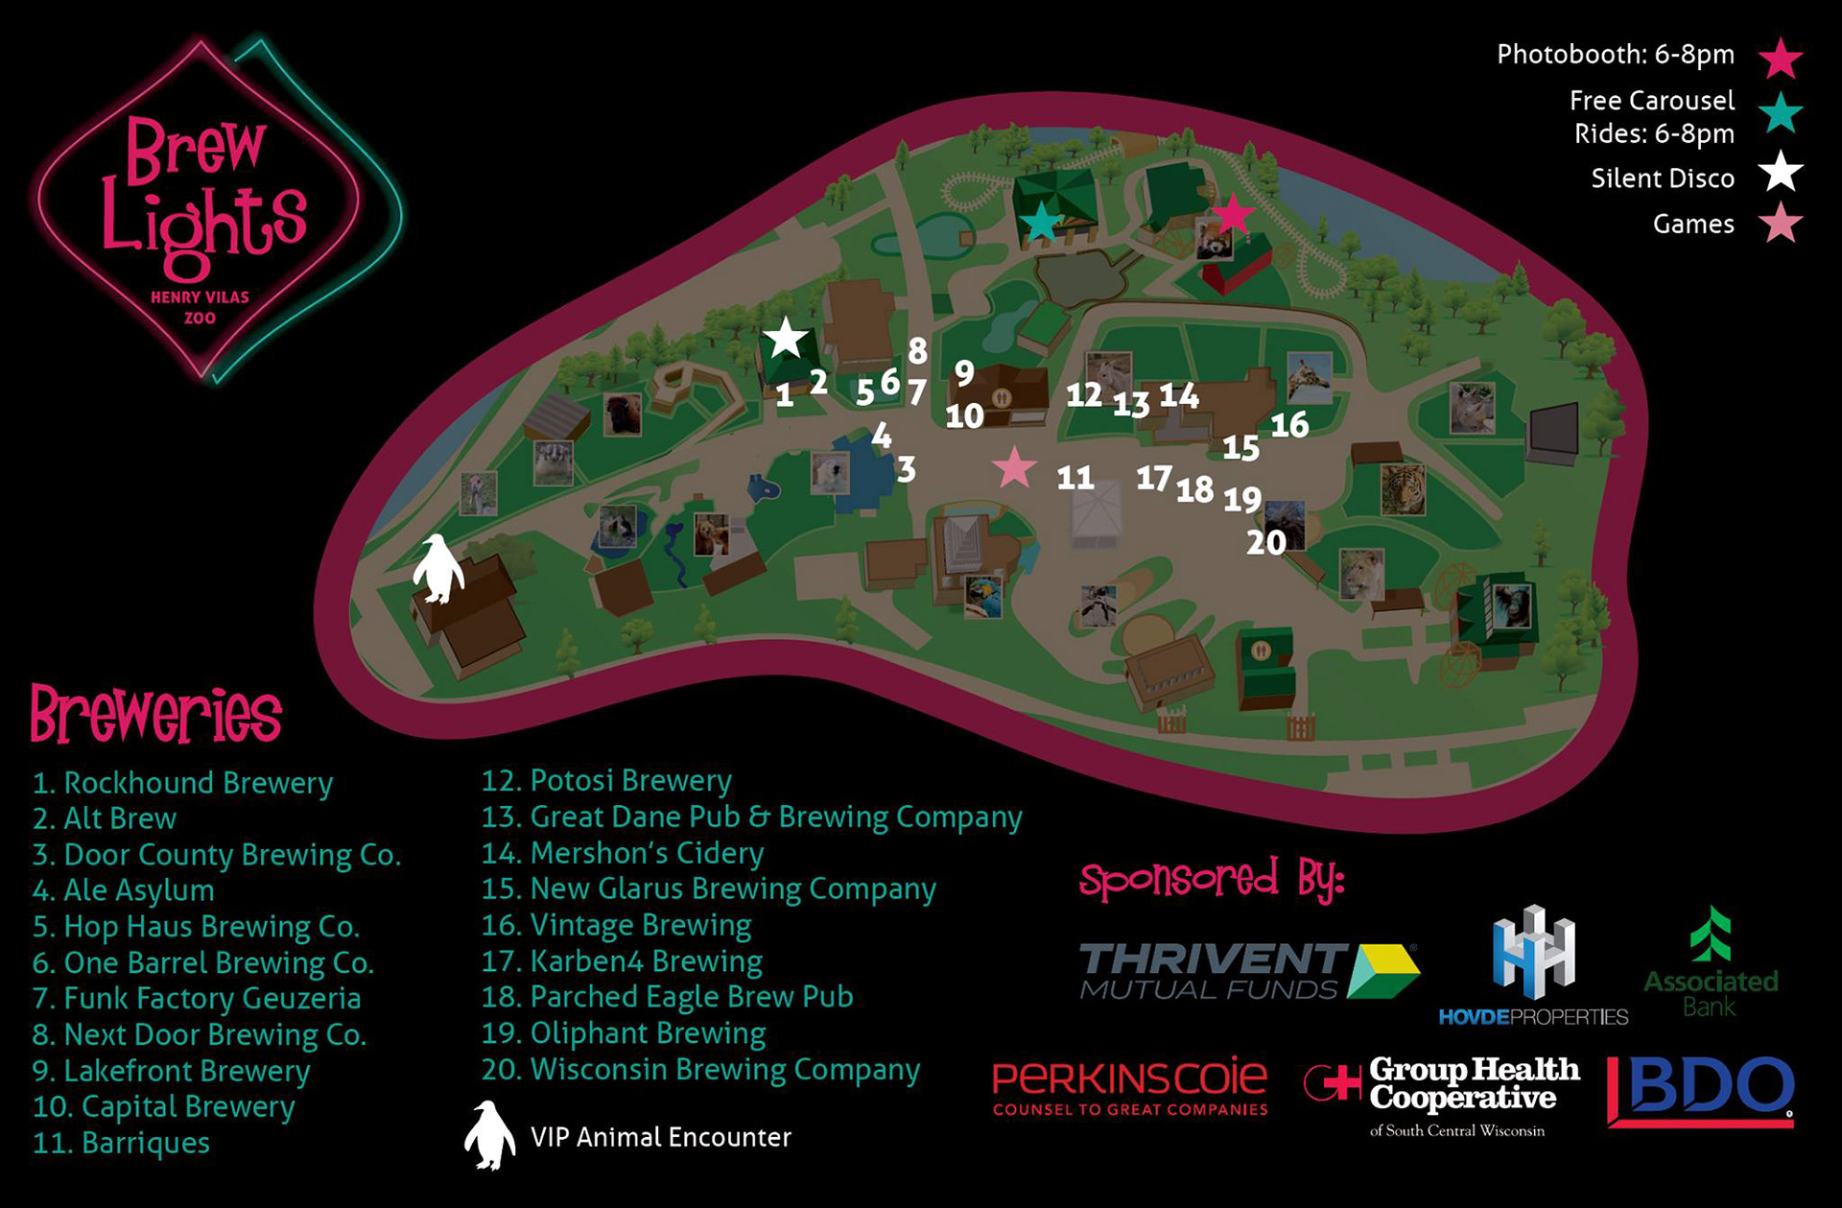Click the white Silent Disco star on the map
point(786,338)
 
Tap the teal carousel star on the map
point(1040,222)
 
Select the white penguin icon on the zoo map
point(438,568)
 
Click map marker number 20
point(1265,543)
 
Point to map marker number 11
point(1075,478)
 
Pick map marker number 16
point(1289,424)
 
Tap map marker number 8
point(918,351)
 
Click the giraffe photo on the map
point(1309,377)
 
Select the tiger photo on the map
point(1403,489)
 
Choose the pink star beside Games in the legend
point(1781,224)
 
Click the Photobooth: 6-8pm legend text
point(1616,55)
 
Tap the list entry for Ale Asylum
point(123,890)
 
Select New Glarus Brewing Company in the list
point(708,889)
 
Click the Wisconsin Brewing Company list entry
point(700,1070)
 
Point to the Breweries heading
point(155,715)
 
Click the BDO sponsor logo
point(1700,1091)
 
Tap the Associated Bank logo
point(1711,962)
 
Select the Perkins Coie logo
point(1129,1087)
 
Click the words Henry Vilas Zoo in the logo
point(200,307)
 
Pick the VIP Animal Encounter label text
point(660,1138)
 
